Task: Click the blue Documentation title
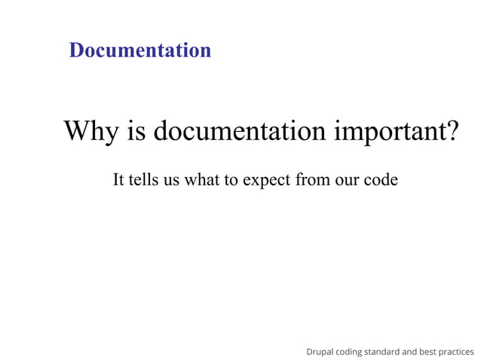(x=139, y=50)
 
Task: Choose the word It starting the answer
(x=118, y=181)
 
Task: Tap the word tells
(x=142, y=181)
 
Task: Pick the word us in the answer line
(x=170, y=182)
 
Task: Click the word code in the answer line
(x=380, y=181)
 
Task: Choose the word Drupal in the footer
(x=320, y=352)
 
